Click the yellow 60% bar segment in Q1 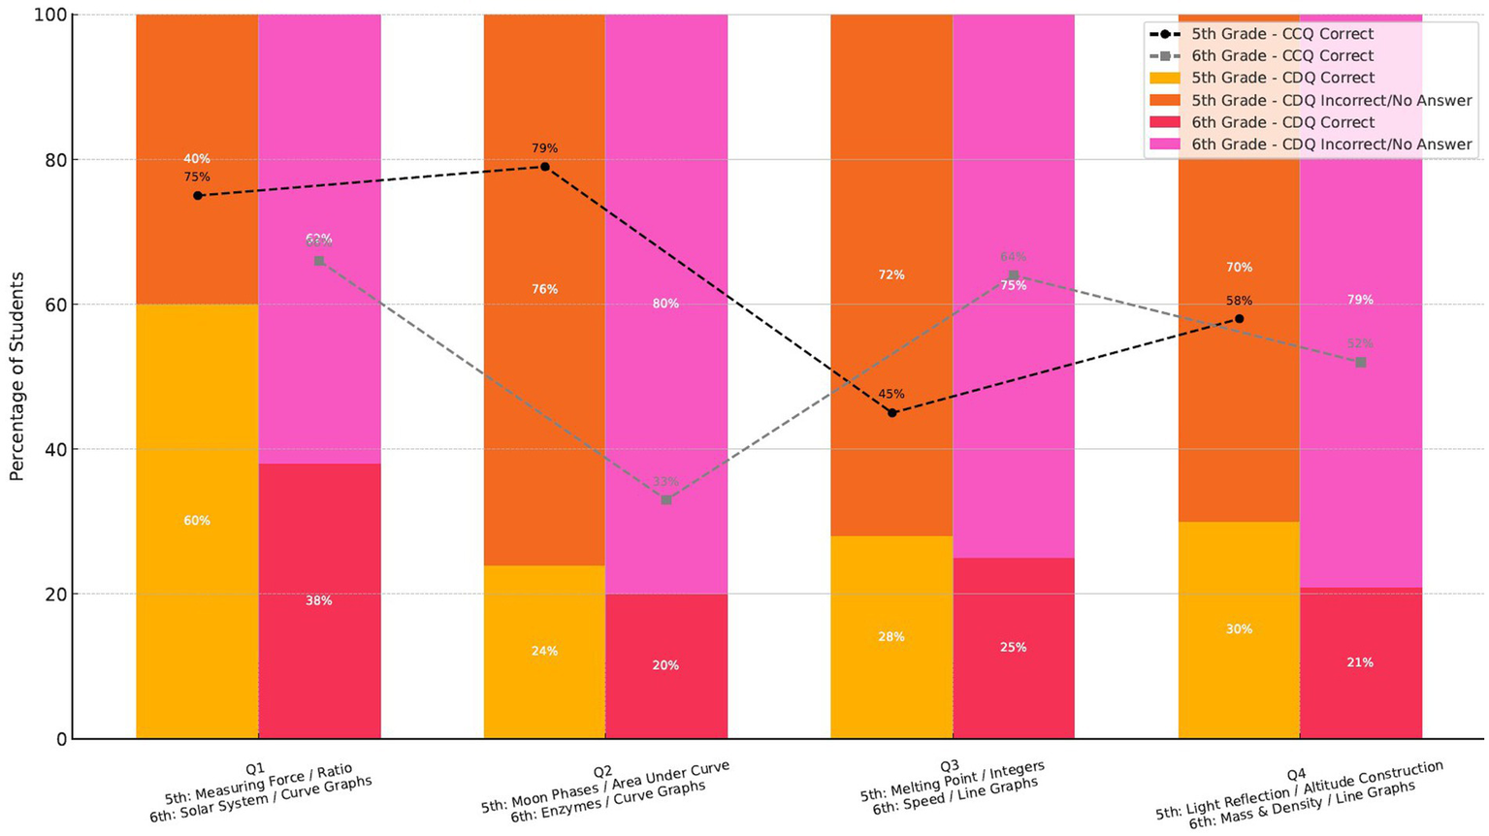pos(197,521)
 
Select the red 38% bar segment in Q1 pos(319,600)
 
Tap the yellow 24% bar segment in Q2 pos(544,651)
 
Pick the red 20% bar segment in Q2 pos(666,665)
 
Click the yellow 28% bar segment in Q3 pos(891,636)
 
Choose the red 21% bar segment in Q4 pos(1360,662)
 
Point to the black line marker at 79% pos(545,167)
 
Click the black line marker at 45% pos(892,413)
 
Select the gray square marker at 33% pos(666,499)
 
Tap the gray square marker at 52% pos(1361,362)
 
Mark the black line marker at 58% pos(1240,319)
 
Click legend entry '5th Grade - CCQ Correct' pos(1282,34)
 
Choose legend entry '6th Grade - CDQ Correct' pos(1282,122)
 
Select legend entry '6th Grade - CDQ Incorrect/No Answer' pos(1331,145)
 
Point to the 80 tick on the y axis pos(57,160)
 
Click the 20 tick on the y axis pos(57,595)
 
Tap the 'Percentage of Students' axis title pos(16,376)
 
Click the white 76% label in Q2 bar pos(544,289)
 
